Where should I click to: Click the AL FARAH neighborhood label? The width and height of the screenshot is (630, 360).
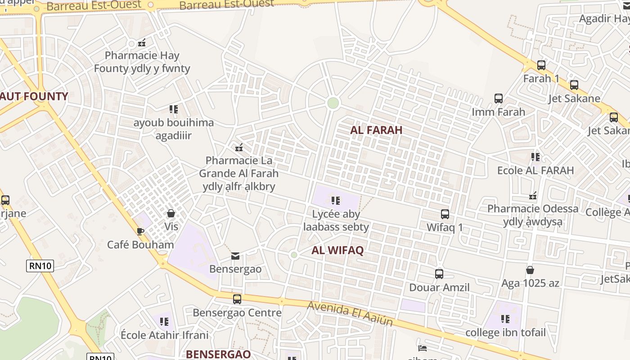coord(376,130)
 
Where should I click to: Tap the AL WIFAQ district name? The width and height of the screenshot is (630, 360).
coord(337,251)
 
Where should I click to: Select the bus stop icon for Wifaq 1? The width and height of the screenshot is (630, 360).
coord(445,214)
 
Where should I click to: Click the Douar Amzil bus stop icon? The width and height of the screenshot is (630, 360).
coord(439,274)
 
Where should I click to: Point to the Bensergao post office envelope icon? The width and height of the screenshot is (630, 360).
coord(235,256)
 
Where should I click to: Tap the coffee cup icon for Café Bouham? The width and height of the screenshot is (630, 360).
coord(140,231)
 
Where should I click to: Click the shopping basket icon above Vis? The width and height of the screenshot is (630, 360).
coord(171,213)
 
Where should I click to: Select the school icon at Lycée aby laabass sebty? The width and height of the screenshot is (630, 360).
coord(336,201)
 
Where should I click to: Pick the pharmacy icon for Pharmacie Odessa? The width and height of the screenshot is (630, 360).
coord(533,196)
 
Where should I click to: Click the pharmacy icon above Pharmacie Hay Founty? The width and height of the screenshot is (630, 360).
coord(142,43)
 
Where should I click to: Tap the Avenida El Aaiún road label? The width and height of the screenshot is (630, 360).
coord(350,314)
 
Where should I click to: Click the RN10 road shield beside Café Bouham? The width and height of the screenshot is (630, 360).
coord(40,265)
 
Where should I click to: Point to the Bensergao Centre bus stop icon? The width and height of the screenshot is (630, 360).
coord(237,299)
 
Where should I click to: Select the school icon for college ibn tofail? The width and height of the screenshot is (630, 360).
coord(505,319)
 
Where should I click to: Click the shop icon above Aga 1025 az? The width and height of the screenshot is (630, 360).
coord(530,270)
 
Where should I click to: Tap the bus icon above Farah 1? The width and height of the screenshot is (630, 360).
coord(541,65)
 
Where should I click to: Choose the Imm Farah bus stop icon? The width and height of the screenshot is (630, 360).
coord(498,99)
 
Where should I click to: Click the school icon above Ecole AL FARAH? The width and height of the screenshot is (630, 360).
coord(535,157)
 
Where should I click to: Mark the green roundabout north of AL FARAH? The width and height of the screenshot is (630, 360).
coord(333,103)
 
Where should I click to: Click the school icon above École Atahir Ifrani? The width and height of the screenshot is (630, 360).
coord(164,322)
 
